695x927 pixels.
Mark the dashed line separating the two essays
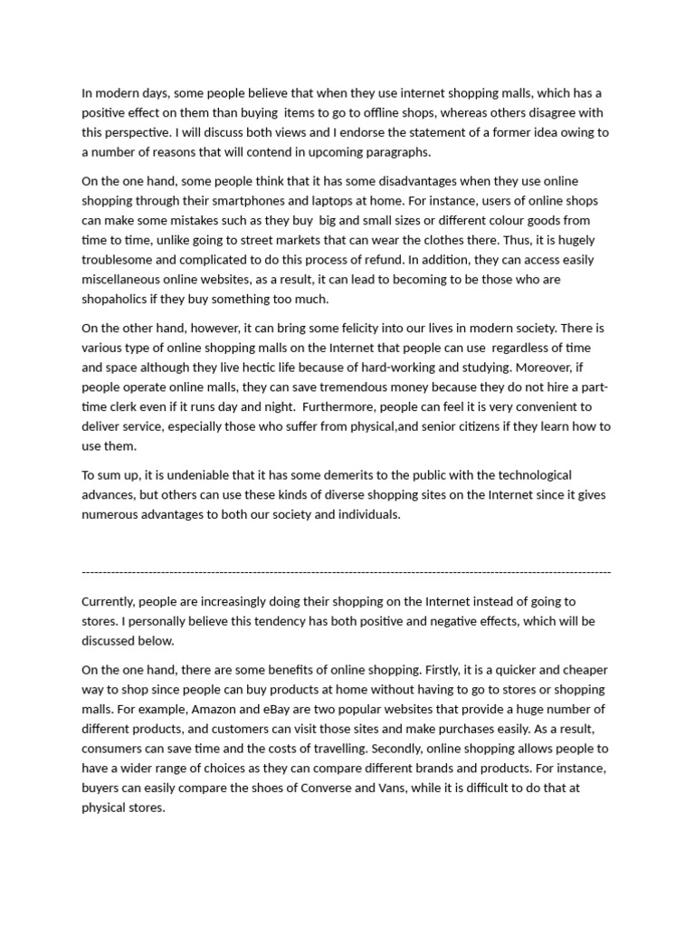(x=347, y=572)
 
